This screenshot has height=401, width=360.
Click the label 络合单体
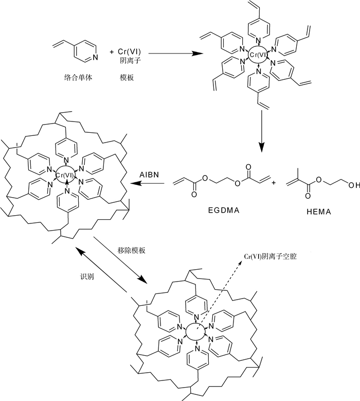pyautogui.click(x=78, y=78)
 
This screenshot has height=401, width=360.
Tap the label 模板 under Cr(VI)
pyautogui.click(x=127, y=78)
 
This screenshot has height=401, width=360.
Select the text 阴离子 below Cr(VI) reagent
pyautogui.click(x=130, y=61)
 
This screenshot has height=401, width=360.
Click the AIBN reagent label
pyautogui.click(x=149, y=175)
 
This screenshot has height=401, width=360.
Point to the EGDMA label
pyautogui.click(x=224, y=210)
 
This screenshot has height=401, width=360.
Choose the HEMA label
pyautogui.click(x=319, y=212)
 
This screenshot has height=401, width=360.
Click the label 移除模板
pyautogui.click(x=131, y=250)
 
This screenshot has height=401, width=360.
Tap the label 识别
pyautogui.click(x=87, y=276)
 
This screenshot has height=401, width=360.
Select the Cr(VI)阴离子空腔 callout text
pyautogui.click(x=271, y=256)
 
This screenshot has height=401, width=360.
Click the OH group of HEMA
pyautogui.click(x=354, y=185)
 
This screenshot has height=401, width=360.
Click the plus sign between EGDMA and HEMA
pyautogui.click(x=274, y=183)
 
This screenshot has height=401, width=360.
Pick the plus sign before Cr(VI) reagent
pyautogui.click(x=112, y=52)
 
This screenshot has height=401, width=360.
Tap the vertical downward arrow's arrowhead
pyautogui.click(x=261, y=147)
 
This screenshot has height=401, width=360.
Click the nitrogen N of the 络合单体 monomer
pyautogui.click(x=95, y=57)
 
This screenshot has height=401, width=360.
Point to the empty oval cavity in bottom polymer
pyautogui.click(x=195, y=332)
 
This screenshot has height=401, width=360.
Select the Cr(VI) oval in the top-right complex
pyautogui.click(x=258, y=55)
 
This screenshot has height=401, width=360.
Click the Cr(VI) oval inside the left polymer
pyautogui.click(x=66, y=175)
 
